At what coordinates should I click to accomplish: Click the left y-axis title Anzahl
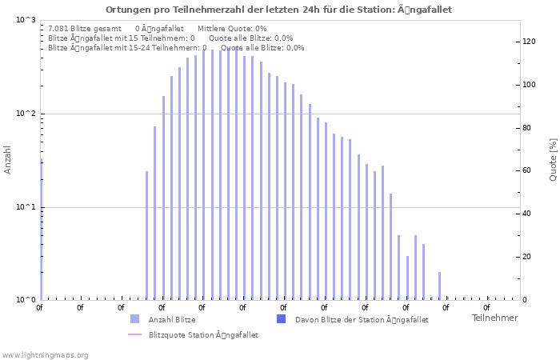pos(8,160)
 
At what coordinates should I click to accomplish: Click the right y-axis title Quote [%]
pos(553,160)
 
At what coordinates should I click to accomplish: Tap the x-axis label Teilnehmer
pos(494,318)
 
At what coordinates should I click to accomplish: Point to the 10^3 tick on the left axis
pos(26,20)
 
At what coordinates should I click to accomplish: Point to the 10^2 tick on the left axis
pos(26,114)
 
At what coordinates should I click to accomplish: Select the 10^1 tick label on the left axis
pos(26,207)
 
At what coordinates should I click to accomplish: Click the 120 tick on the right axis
pos(529,42)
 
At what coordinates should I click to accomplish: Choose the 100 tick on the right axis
pos(529,85)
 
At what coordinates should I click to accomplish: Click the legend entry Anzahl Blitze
pos(171,320)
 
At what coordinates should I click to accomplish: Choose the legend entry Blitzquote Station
pos(202,335)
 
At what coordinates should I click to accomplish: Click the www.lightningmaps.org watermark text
pos(46,355)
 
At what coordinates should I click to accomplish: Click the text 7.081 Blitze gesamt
pos(85,28)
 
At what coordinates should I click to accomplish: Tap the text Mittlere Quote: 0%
pos(232,28)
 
